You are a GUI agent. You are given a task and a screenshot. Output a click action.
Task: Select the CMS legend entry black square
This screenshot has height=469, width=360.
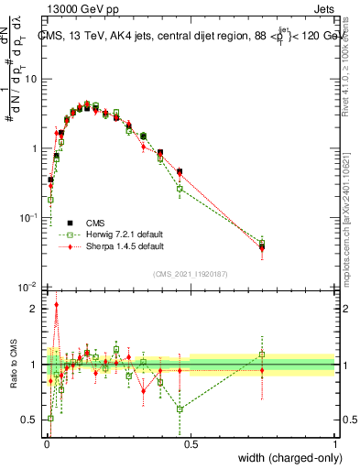68,222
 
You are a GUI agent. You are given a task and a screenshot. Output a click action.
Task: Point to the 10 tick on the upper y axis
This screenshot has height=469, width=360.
31,79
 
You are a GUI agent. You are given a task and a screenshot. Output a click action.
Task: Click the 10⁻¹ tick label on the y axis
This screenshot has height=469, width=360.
29,217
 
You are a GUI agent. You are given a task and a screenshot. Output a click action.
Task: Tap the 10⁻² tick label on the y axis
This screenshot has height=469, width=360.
29,287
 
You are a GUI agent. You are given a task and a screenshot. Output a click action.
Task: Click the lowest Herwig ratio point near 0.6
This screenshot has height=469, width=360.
180,409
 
